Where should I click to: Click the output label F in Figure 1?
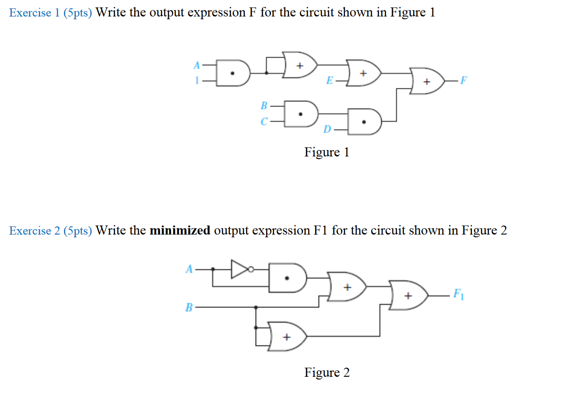tap(462, 82)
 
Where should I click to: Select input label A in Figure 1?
tap(196, 66)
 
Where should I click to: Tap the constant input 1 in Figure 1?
tap(197, 82)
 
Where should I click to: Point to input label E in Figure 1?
tap(330, 82)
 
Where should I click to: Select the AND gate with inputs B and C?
tap(301, 113)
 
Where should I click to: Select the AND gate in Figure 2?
tap(287, 277)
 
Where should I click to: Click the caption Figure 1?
tap(327, 152)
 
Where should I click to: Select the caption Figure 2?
tap(327, 373)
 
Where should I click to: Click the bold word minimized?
tap(180, 231)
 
